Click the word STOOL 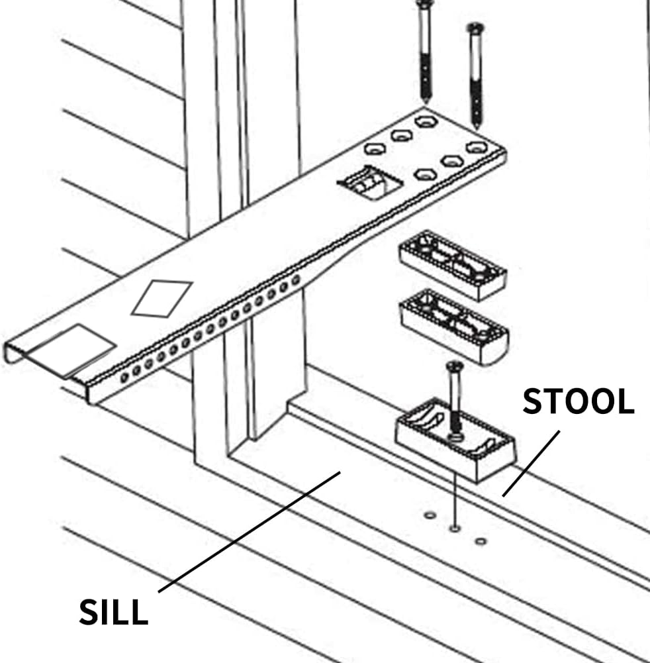578,401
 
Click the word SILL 113,612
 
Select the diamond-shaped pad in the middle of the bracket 162,297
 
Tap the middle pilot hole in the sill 454,528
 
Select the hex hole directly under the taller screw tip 424,121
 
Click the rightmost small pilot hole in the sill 481,541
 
